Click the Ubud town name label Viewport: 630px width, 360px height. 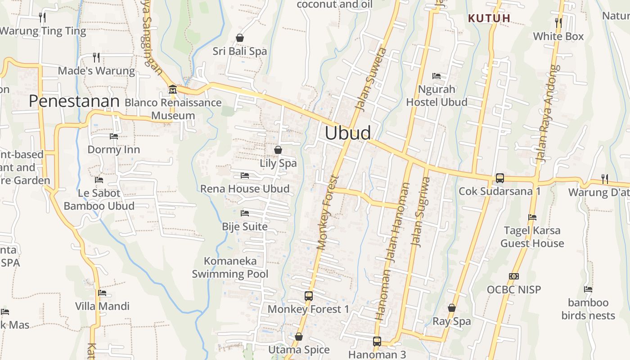point(348,133)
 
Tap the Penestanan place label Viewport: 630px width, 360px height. point(74,101)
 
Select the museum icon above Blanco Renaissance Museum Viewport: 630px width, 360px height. point(172,90)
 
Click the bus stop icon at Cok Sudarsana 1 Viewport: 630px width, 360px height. point(499,178)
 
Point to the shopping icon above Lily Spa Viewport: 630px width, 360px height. point(278,150)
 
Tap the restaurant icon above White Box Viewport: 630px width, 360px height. point(558,22)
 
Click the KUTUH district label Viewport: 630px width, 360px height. point(489,18)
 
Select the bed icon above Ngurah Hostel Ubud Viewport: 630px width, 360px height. point(436,76)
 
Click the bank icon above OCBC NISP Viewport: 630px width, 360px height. point(514,276)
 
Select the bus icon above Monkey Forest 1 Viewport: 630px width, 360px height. point(308,296)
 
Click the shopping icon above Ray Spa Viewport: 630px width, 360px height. point(451,308)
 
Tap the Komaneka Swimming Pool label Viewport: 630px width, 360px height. point(230,267)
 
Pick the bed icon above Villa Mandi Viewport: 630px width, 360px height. point(102,293)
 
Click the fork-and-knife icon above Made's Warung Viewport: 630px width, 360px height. point(96,57)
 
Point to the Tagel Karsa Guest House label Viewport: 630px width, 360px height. point(532,237)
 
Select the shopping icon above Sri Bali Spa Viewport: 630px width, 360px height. point(240,38)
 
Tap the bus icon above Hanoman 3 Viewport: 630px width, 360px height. point(377,342)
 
